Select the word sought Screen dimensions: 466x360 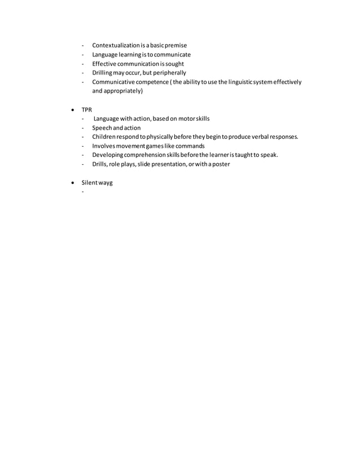click(174, 64)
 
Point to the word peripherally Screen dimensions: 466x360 click(166, 73)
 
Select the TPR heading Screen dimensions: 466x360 click(87, 109)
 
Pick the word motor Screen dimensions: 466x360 click(185, 118)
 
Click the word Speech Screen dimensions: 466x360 click(103, 128)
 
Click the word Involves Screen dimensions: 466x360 click(104, 146)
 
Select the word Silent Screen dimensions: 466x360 click(91, 183)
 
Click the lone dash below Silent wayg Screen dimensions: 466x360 click(83, 192)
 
